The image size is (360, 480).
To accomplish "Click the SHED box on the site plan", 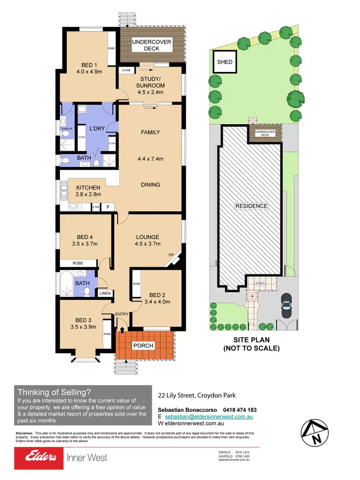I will tap(225, 62).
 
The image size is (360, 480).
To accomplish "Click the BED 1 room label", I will tap(89, 65).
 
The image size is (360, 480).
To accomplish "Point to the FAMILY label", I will tap(150, 132).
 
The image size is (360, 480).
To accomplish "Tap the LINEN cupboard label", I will tap(105, 293).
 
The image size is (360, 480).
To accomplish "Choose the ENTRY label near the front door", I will tap(121, 314).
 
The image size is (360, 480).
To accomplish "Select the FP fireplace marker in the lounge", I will tap(170, 255).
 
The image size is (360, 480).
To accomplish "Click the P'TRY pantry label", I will tap(96, 207).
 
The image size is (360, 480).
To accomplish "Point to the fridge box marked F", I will tap(108, 207).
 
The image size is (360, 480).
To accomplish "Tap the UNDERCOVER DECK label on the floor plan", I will tap(152, 46).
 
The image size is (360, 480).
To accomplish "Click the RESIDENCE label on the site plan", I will tap(251, 206).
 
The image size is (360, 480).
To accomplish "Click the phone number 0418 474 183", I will tap(233, 410).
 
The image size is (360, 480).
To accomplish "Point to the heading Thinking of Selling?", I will tap(54, 391).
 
